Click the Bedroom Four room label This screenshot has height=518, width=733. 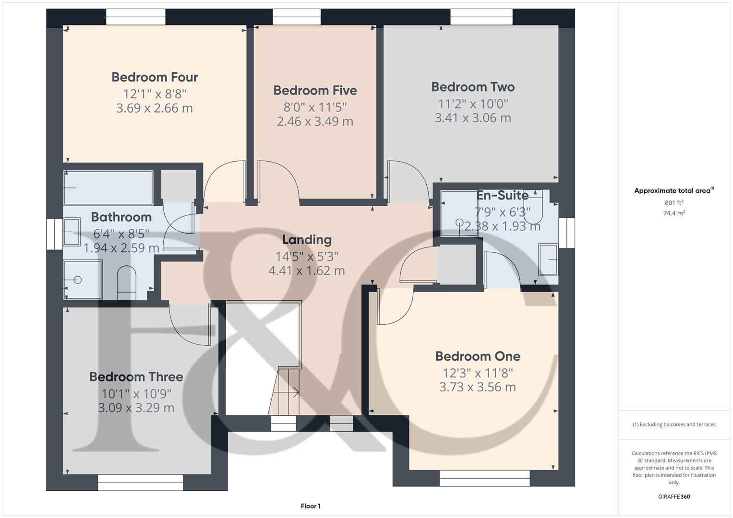[155, 77]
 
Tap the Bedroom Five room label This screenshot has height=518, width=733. [315, 91]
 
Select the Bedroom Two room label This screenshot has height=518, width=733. [473, 87]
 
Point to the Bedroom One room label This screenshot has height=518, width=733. [478, 356]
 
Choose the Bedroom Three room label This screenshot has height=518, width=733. [136, 377]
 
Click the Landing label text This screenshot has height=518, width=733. [307, 240]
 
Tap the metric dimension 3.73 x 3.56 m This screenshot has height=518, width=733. [478, 387]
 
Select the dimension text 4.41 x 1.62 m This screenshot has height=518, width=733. [307, 271]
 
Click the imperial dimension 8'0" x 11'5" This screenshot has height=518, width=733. [315, 106]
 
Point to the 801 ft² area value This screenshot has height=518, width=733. [674, 203]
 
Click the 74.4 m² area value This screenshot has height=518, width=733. [674, 213]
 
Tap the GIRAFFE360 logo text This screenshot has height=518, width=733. [674, 496]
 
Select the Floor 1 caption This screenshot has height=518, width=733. [311, 506]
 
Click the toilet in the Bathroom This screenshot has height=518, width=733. [127, 283]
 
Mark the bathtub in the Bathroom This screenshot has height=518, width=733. [108, 188]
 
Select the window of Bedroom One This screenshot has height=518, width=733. [484, 478]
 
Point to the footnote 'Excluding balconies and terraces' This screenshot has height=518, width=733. [674, 424]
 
